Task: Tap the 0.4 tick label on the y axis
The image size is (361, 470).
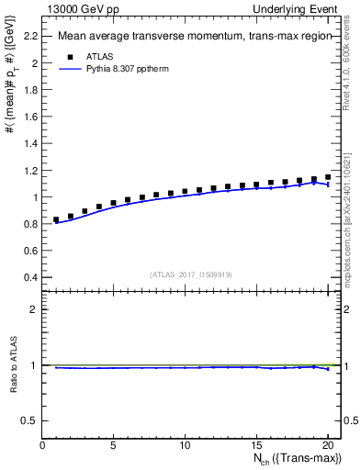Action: click(30, 277)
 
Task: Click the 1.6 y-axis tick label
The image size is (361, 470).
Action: click(30, 117)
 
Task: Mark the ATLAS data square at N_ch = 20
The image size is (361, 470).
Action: click(327, 177)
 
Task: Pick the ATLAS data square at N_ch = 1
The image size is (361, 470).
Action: click(57, 219)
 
